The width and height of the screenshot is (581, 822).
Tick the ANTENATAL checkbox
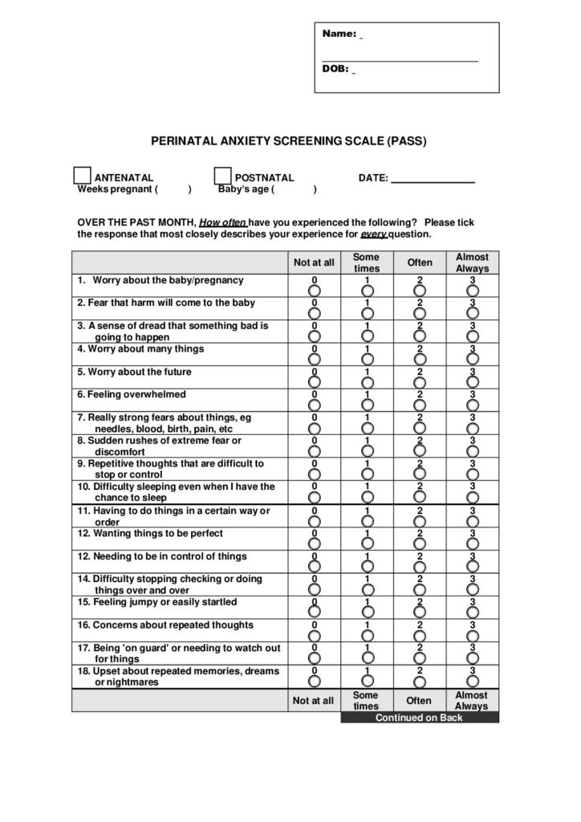coord(82,176)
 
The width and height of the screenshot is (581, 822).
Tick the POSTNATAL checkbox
coord(222,176)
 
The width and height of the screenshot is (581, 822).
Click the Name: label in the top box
coord(339,34)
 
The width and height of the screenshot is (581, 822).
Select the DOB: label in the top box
coord(335,69)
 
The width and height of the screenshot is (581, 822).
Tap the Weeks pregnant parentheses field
coord(173,189)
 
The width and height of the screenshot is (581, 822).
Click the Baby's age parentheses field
coord(295,189)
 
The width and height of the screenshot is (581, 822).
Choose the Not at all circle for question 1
coord(314,290)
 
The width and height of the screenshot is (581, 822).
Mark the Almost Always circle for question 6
coord(473,405)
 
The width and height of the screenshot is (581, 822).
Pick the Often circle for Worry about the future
coord(420,381)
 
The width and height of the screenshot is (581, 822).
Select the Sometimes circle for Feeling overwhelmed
coord(367,405)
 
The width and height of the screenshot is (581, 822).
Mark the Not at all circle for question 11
coord(314,520)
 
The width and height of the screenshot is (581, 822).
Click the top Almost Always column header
coord(472,262)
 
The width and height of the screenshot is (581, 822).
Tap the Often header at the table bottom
coord(419,701)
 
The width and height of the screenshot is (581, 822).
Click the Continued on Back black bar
coord(419,718)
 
